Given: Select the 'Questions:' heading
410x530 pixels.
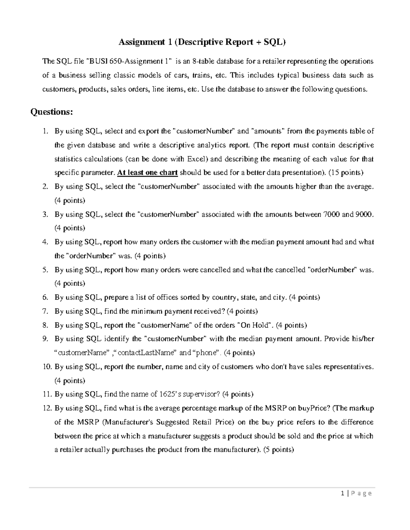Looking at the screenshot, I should [52, 112].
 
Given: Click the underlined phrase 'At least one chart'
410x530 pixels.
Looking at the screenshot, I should [147, 173].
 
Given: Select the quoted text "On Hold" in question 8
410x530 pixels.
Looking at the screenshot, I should [255, 325].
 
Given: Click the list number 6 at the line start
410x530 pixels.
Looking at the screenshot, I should [45, 298].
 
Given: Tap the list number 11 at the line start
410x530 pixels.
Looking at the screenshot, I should [47, 395].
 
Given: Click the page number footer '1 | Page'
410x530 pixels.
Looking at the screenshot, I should [356, 493].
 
